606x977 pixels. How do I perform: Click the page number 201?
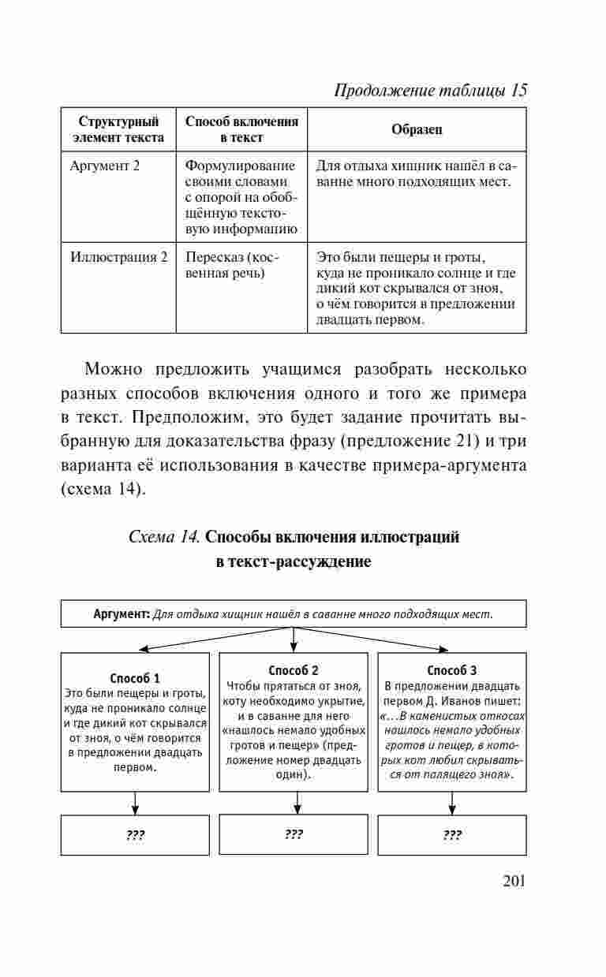click(x=513, y=880)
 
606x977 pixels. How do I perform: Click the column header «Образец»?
click(x=417, y=129)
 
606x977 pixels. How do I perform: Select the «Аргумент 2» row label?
click(x=105, y=166)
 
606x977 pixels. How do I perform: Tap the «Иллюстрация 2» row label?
click(x=119, y=257)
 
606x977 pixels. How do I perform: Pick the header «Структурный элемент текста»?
click(x=118, y=129)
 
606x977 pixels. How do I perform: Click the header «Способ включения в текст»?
click(x=241, y=129)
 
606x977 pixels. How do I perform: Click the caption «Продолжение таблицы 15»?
click(x=431, y=90)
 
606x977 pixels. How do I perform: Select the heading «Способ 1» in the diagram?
click(x=135, y=678)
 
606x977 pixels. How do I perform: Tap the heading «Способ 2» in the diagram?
click(x=294, y=671)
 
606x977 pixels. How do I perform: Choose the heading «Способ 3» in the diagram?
click(x=452, y=671)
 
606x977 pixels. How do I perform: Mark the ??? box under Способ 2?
click(x=294, y=834)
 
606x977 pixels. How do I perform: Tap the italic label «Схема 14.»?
click(x=163, y=537)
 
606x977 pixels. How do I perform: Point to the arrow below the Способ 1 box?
click(x=135, y=803)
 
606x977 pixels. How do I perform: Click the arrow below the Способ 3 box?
click(x=452, y=803)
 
